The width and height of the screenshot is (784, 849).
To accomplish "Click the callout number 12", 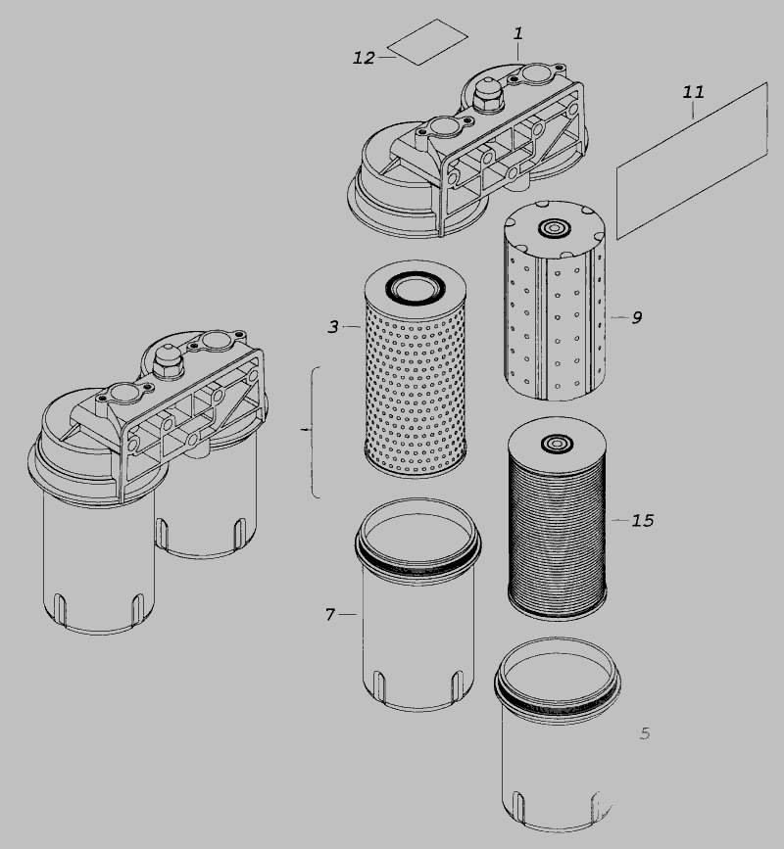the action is coord(364,58).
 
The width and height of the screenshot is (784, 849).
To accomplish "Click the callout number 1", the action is coord(518,33).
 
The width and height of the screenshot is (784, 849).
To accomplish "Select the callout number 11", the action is coord(693,92).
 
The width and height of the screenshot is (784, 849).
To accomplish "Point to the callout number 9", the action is coord(637,317).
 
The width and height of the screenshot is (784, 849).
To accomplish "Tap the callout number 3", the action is coord(333,326).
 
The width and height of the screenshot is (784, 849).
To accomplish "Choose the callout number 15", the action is coord(643,520).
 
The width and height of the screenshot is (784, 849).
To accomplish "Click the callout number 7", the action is coord(330,615).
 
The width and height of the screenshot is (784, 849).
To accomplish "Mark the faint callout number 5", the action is coord(645,733).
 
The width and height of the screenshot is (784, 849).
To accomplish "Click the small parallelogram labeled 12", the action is coord(427,42).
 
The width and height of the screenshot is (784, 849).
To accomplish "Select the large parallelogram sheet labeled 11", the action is coord(692,161).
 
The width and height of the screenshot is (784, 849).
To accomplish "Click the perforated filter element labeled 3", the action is coord(416,369).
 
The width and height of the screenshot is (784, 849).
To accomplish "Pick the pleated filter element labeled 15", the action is coord(558,518).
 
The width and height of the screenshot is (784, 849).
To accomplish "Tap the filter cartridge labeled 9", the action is coord(555,301).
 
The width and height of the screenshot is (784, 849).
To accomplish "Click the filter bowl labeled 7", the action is coord(417,604).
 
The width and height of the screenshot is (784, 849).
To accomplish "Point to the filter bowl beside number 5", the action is coord(558,734).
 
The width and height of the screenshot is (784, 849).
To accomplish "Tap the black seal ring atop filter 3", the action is coord(415,287).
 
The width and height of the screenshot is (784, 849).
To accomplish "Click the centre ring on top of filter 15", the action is coord(556,444).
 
